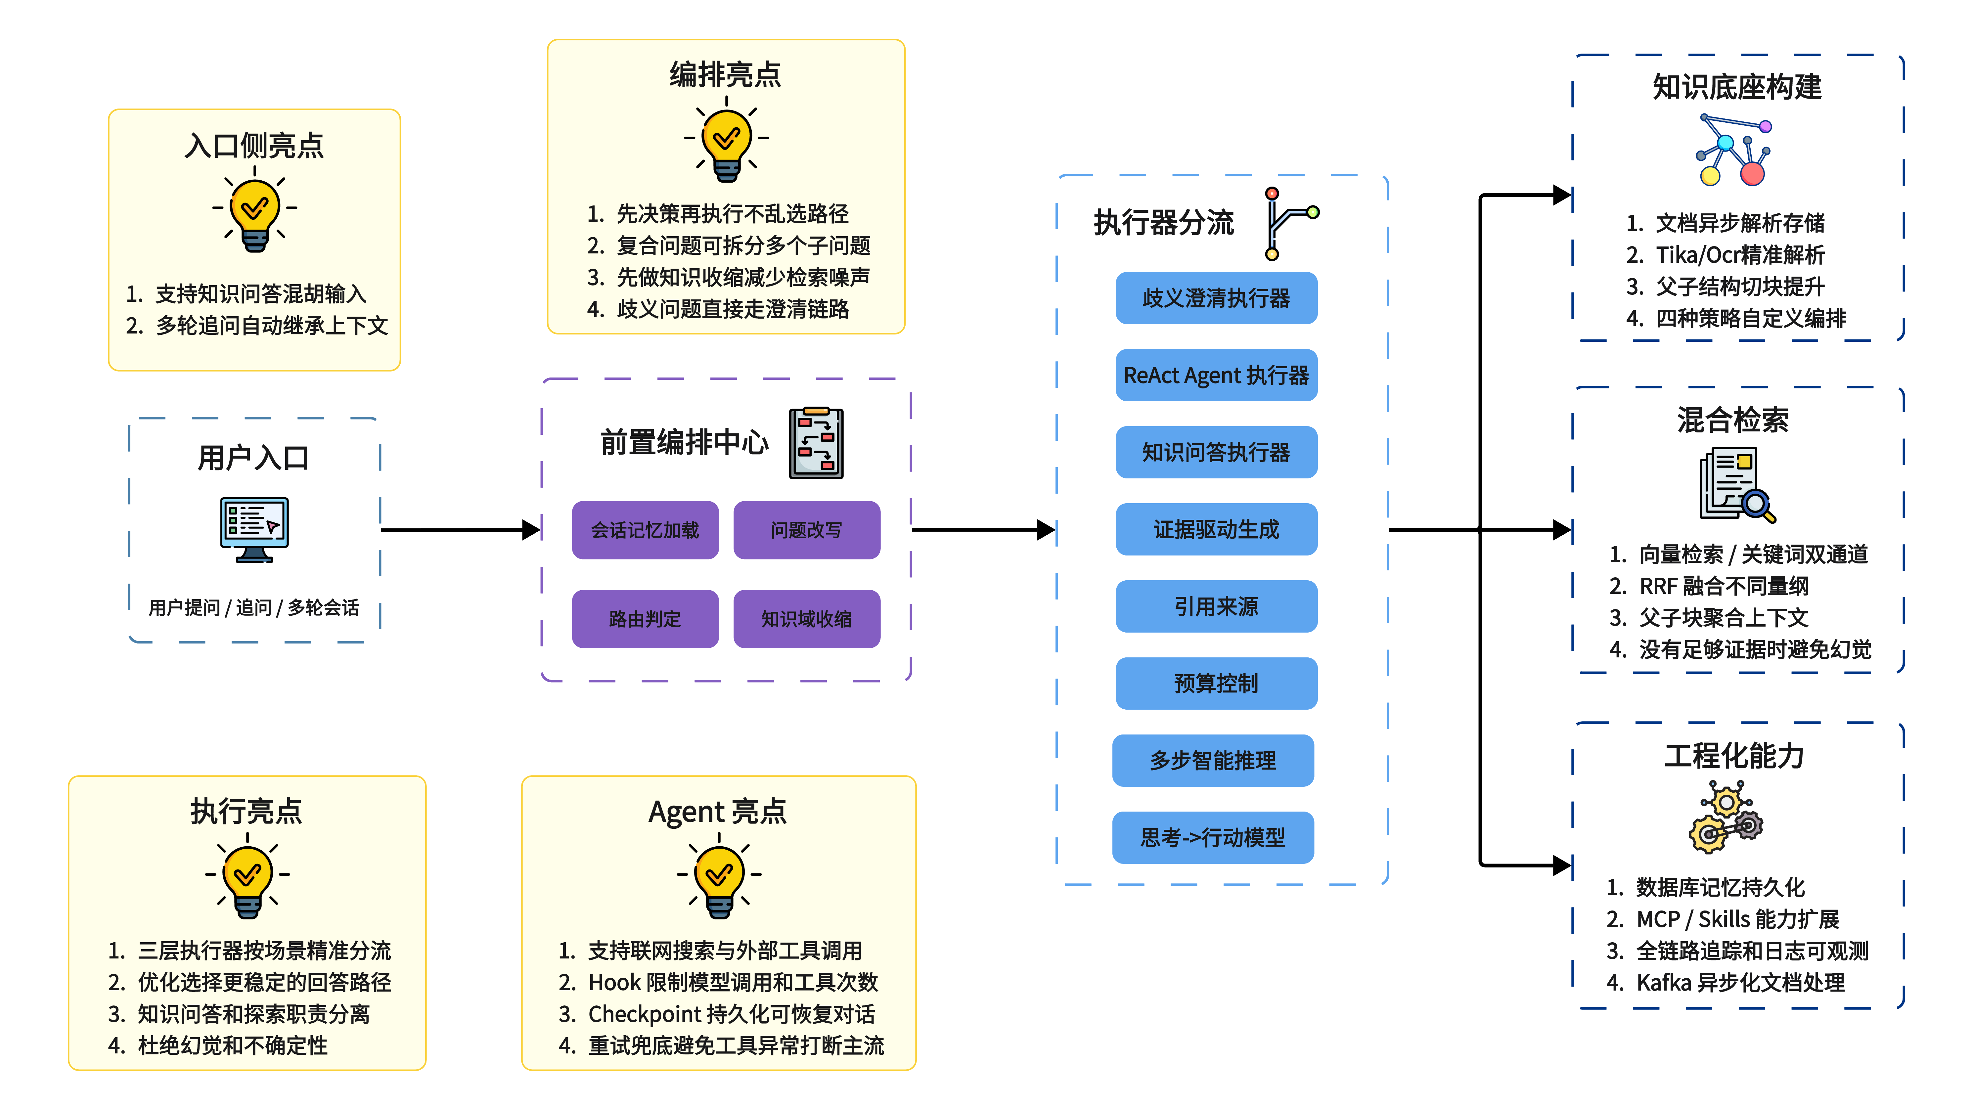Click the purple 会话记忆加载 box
(x=645, y=530)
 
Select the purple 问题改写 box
(x=807, y=530)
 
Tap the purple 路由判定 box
(x=645, y=619)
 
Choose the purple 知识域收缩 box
(x=807, y=619)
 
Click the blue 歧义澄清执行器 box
(x=1216, y=298)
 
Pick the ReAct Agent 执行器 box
(x=1216, y=376)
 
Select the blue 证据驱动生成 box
(x=1216, y=529)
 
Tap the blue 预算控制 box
(x=1216, y=683)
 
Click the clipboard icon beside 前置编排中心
(x=817, y=443)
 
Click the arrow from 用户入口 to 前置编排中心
(x=460, y=529)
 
